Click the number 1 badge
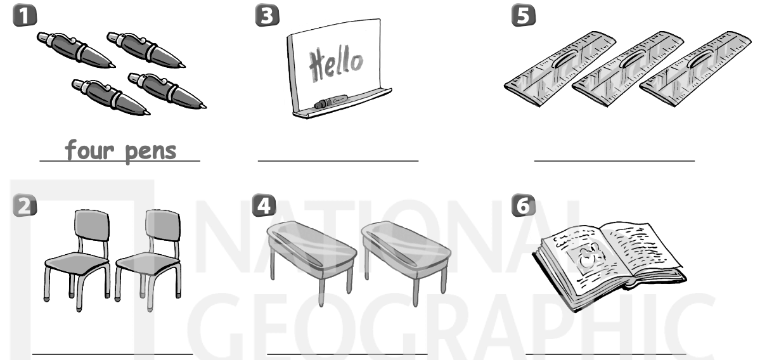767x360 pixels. (25, 15)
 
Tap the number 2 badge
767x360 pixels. (25, 205)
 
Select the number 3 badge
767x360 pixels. (267, 15)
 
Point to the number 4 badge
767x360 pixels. (264, 205)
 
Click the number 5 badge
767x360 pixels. (524, 15)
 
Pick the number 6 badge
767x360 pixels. (524, 205)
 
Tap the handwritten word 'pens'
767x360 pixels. (151, 153)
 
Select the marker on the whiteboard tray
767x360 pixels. (331, 101)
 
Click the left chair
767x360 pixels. (77, 260)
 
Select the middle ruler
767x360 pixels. (628, 69)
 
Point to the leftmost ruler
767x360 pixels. (560, 69)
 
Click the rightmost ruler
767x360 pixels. (695, 69)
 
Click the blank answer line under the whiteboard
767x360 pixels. (338, 160)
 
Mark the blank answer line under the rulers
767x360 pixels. (614, 160)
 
